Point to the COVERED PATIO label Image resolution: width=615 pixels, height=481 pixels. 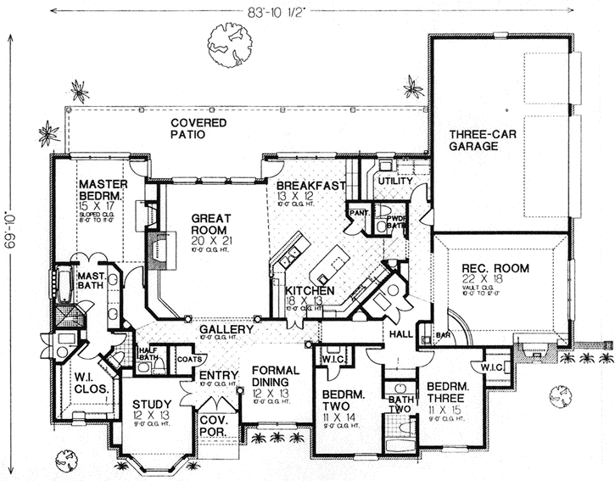pos(198,129)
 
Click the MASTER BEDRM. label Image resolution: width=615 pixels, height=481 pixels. pos(102,191)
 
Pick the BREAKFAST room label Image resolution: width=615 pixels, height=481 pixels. pos(309,186)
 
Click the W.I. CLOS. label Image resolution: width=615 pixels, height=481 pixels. pos(88,383)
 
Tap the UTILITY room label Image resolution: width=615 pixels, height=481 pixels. pos(395,182)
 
